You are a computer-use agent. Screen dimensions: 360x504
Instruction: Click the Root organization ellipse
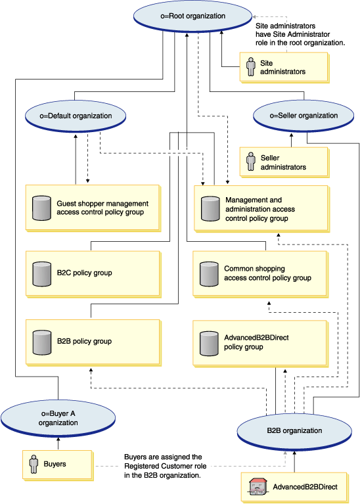click(193, 16)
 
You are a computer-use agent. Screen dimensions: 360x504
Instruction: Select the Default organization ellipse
click(76, 116)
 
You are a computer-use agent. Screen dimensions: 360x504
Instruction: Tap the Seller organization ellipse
click(304, 116)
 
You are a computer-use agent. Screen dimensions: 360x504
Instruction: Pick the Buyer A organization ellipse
click(58, 418)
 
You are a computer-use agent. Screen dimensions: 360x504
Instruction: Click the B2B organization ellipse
click(294, 430)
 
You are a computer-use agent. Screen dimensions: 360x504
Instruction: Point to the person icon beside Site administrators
click(251, 67)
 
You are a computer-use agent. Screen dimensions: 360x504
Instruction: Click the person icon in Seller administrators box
click(251, 162)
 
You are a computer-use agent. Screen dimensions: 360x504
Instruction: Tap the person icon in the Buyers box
click(34, 464)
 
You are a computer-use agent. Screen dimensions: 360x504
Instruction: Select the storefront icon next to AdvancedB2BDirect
click(258, 486)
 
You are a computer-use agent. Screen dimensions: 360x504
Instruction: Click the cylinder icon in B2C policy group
click(42, 274)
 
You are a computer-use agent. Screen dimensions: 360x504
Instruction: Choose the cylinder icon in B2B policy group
click(42, 342)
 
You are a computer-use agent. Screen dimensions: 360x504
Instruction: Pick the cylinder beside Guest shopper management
click(42, 208)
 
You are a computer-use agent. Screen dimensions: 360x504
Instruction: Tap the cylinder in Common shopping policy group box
click(209, 274)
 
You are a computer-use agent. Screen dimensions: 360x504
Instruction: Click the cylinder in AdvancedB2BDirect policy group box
click(209, 344)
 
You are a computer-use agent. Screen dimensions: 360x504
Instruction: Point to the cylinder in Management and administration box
click(210, 209)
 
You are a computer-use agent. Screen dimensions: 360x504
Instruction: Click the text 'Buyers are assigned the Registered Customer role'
click(166, 461)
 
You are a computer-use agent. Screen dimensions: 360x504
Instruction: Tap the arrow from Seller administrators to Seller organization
click(292, 140)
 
